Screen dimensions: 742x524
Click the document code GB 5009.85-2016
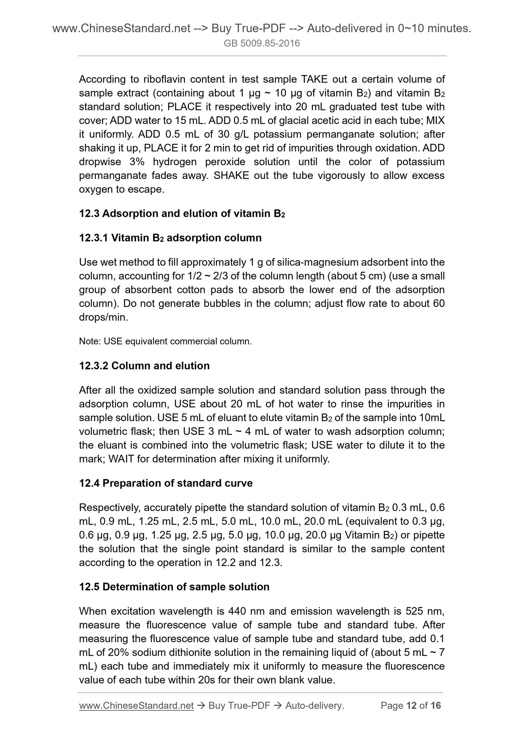pos(262,44)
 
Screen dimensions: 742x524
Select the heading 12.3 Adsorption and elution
pos(182,213)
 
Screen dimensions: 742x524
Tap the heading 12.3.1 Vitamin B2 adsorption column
pos(170,238)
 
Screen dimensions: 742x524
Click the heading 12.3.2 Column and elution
pos(144,366)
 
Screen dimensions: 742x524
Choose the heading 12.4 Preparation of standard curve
pos(166,483)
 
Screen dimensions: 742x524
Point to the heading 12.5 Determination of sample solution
pos(174,587)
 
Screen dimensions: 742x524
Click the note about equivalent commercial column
pos(165,341)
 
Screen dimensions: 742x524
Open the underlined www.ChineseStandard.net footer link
pos(136,705)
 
